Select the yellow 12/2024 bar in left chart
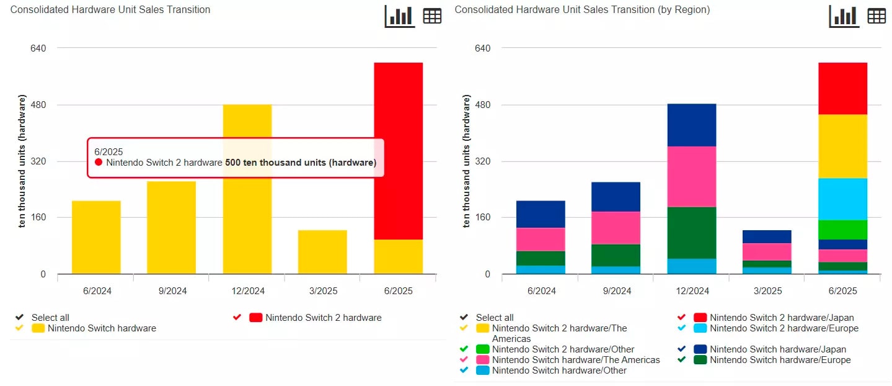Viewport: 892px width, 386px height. click(x=247, y=236)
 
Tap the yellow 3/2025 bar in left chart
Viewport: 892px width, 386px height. click(x=322, y=252)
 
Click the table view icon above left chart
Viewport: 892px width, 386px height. click(x=432, y=16)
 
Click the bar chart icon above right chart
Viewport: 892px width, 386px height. click(x=844, y=16)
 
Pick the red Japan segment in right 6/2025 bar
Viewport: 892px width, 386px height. click(x=842, y=88)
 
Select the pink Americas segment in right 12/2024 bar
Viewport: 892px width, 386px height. click(x=692, y=176)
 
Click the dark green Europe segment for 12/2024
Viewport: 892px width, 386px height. click(x=692, y=232)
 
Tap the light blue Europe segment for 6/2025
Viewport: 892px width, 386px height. click(x=842, y=199)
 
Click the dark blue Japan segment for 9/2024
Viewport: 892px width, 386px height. click(x=616, y=197)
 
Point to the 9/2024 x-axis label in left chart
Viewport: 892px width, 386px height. click(x=172, y=291)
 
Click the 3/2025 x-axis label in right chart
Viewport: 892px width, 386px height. click(x=767, y=291)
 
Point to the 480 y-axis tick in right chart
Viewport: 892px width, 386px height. click(x=482, y=105)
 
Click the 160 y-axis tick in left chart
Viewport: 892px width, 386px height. click(x=38, y=218)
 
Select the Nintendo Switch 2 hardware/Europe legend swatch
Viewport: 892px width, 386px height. click(x=700, y=328)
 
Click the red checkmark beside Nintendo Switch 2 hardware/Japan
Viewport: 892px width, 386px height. click(x=681, y=317)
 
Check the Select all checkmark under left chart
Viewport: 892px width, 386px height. click(x=19, y=317)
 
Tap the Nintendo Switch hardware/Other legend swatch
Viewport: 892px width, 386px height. click(x=482, y=370)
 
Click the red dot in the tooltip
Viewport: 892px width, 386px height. click(x=99, y=163)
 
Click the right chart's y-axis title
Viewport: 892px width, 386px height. click(x=466, y=161)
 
